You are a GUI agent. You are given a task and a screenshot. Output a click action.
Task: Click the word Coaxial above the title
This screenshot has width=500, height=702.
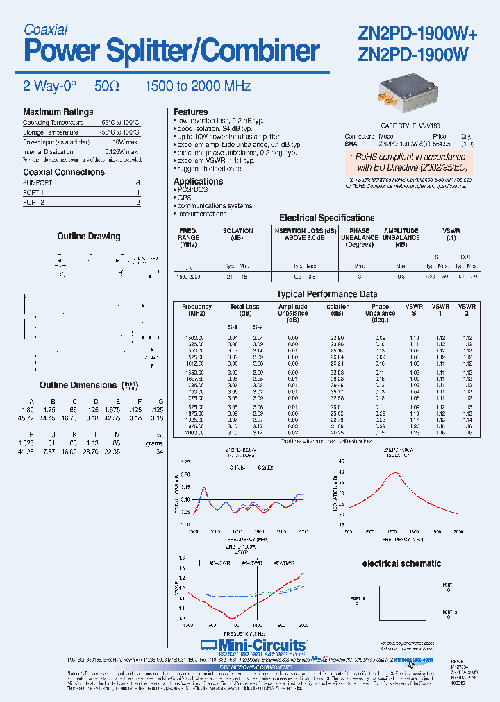(x=45, y=29)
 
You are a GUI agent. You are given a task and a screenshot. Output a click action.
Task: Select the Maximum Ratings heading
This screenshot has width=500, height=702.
(x=58, y=112)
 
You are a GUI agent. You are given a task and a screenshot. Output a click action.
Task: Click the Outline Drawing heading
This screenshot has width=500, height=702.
(x=88, y=237)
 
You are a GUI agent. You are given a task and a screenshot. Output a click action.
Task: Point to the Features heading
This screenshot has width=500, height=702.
(x=190, y=112)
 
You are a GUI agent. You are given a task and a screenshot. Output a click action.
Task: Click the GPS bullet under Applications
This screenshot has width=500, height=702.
(x=183, y=198)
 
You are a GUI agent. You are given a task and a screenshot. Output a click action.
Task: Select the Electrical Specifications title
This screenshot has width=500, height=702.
(x=326, y=218)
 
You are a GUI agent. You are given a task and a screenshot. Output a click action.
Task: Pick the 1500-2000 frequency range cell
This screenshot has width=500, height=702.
(x=188, y=276)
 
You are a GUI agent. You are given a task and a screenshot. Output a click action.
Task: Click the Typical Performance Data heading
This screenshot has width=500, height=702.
(x=326, y=294)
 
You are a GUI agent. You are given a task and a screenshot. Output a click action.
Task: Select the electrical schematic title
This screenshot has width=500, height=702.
(x=401, y=563)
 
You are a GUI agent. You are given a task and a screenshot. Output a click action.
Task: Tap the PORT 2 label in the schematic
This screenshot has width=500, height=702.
(x=450, y=613)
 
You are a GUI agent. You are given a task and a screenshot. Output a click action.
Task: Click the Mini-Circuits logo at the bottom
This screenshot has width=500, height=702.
(x=253, y=645)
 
